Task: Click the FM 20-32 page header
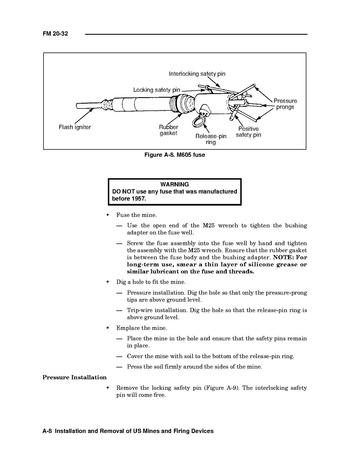[55, 34]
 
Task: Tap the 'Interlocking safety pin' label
[197, 74]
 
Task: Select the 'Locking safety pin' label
[157, 90]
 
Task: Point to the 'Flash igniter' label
[75, 127]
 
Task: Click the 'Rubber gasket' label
[168, 130]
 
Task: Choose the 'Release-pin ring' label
[211, 139]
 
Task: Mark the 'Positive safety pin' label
[248, 132]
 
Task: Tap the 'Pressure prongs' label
[285, 104]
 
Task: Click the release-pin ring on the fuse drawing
[198, 122]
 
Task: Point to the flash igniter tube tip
[78, 106]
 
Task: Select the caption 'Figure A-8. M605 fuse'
[175, 155]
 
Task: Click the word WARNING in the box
[174, 184]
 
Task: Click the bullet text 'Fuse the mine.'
[136, 215]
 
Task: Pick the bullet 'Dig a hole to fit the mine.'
[150, 282]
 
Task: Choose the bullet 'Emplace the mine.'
[142, 328]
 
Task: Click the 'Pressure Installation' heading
[75, 377]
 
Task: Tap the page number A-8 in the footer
[47, 431]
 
